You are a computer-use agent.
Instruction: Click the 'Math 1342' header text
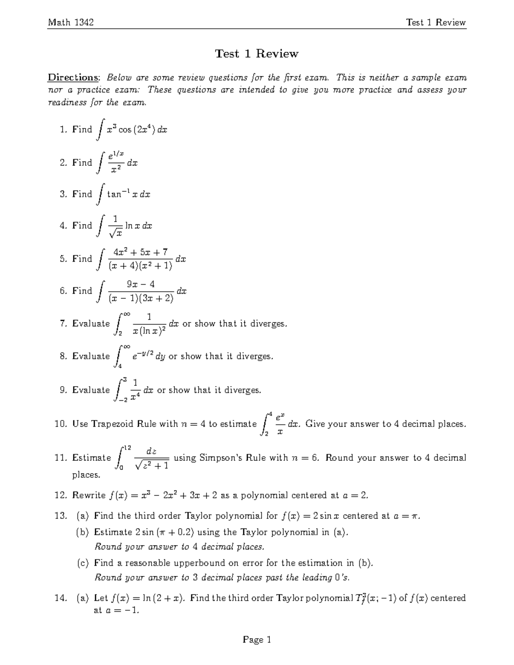(x=71, y=22)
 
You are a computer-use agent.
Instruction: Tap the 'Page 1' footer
(x=257, y=639)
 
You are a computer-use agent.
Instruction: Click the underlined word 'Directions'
(x=73, y=78)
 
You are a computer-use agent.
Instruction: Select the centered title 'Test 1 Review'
(x=257, y=54)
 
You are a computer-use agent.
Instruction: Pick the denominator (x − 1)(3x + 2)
(x=141, y=298)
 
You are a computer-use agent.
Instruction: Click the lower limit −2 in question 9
(x=123, y=400)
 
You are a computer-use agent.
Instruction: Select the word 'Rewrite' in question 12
(x=89, y=495)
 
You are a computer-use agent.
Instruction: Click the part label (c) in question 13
(x=83, y=563)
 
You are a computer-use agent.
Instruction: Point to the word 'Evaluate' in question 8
(x=91, y=356)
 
